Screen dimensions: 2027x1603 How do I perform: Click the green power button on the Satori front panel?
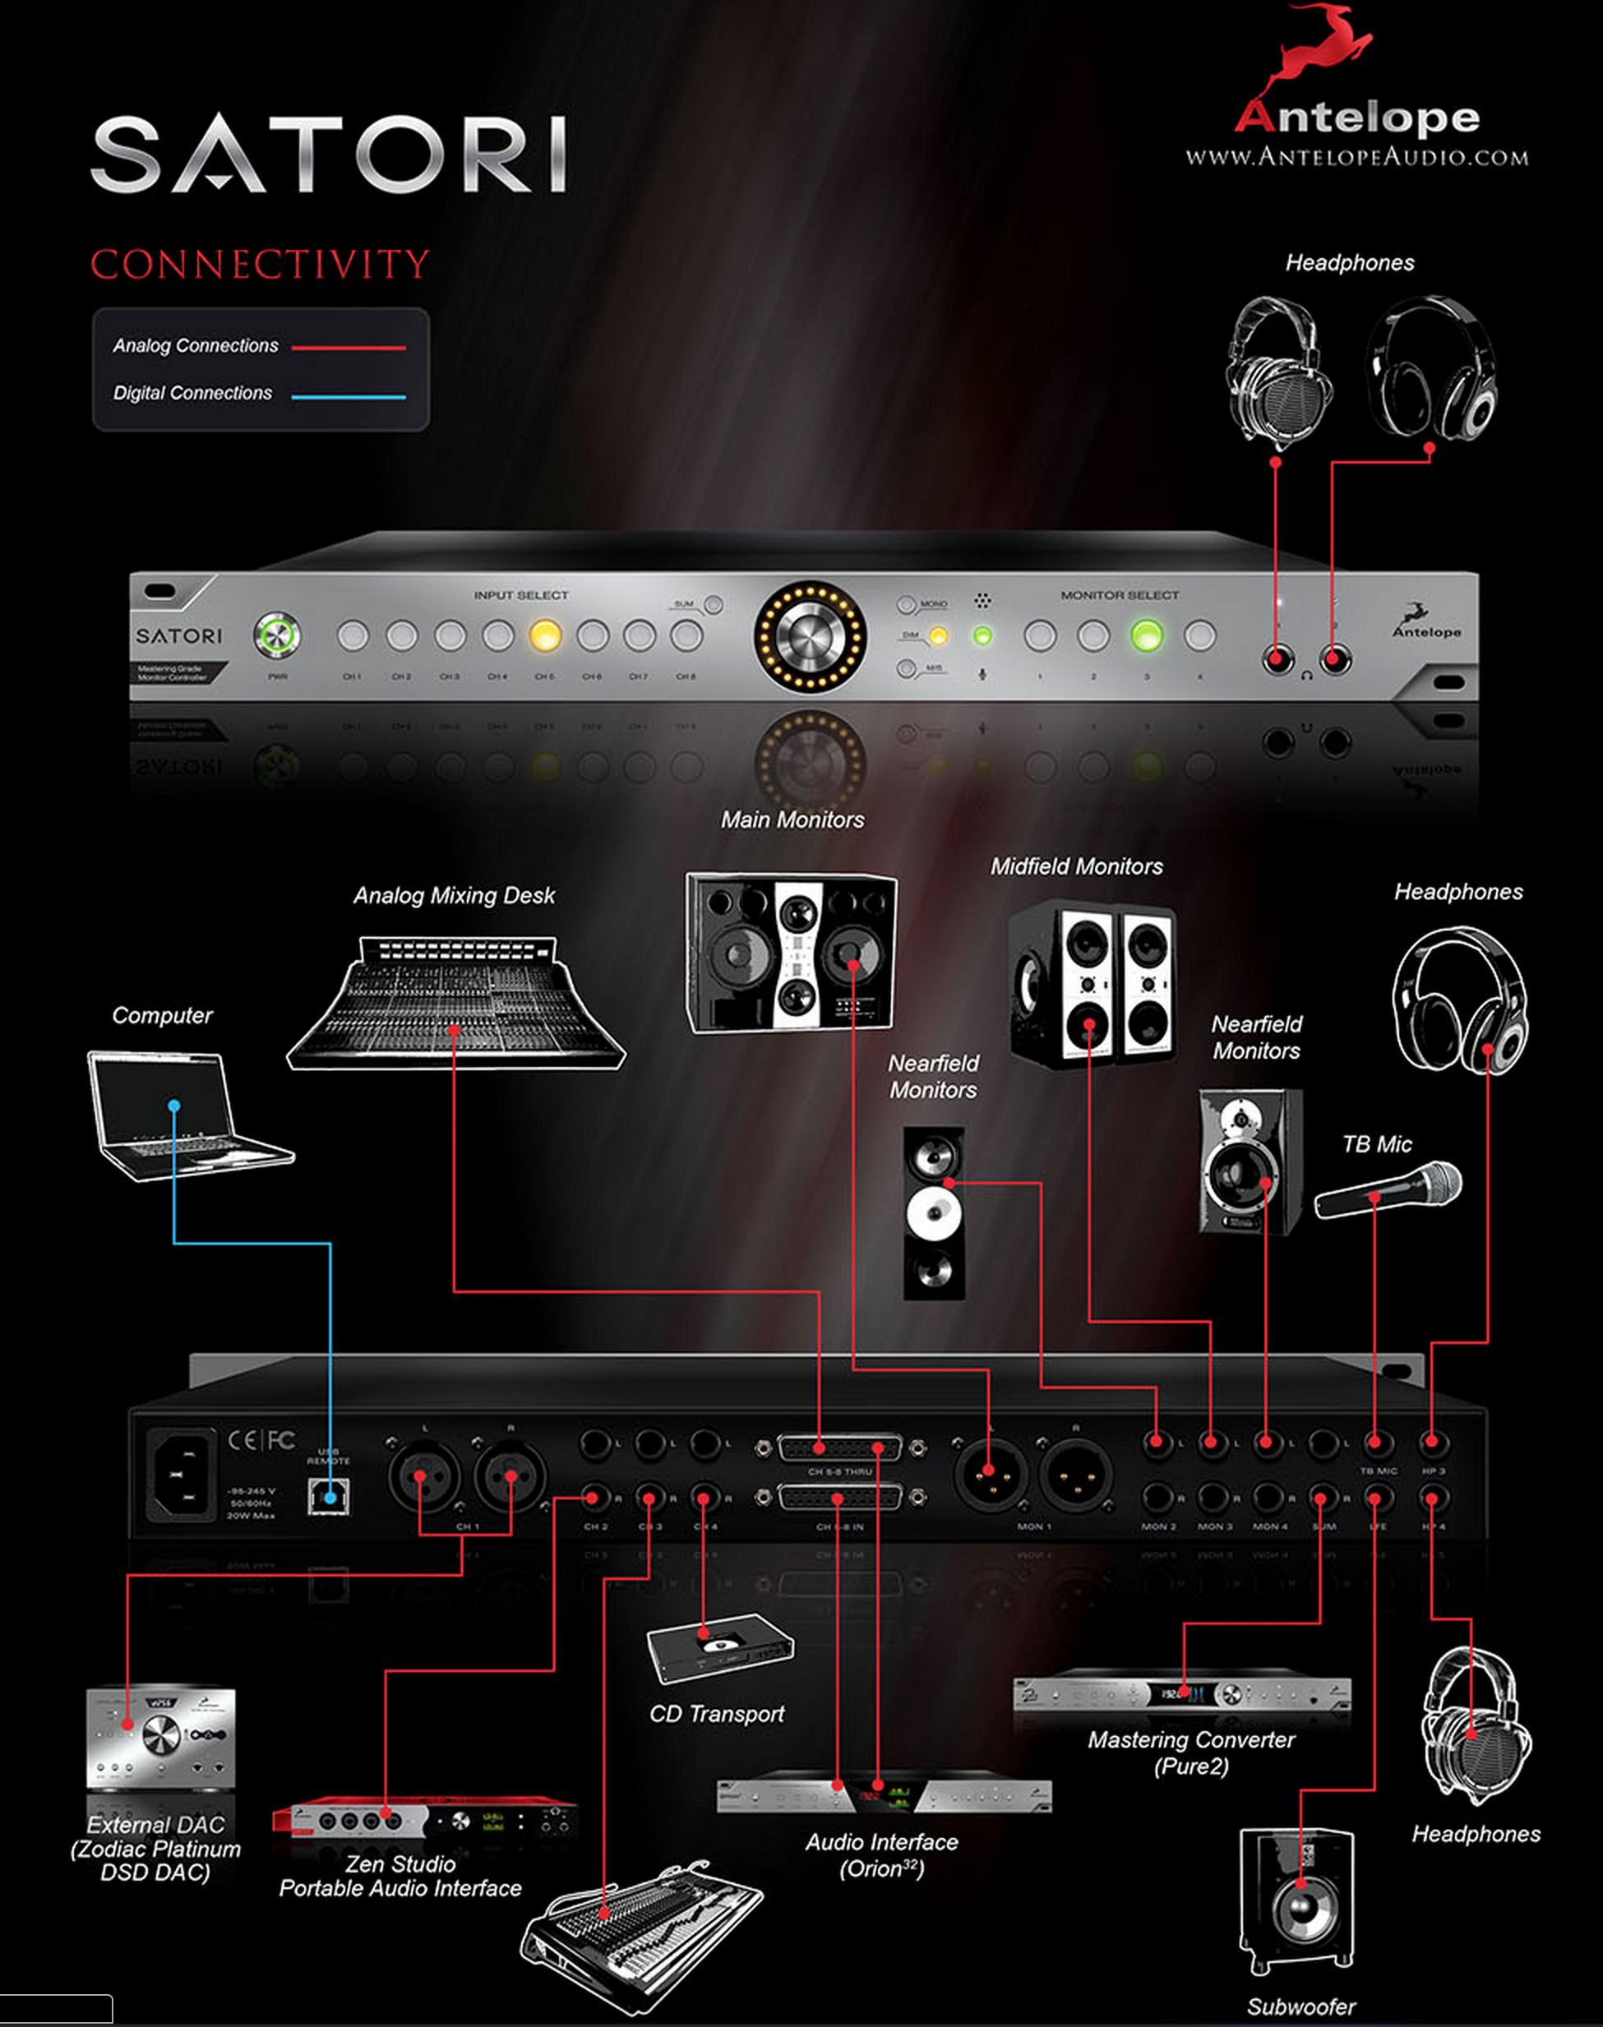click(277, 635)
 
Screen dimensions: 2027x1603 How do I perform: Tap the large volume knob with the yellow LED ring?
click(809, 636)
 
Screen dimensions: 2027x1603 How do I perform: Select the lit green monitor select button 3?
click(1146, 635)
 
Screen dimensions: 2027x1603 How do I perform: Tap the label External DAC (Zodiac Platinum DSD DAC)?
click(156, 1848)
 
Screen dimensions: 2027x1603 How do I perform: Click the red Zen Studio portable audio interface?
click(424, 1820)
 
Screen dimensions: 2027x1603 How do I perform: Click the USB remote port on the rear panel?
click(329, 1495)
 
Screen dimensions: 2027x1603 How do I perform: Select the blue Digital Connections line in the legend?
click(349, 397)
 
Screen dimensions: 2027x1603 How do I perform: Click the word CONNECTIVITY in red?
click(260, 265)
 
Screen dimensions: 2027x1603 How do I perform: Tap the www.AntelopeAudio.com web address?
click(1356, 157)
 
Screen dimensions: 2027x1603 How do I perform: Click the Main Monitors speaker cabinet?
click(790, 952)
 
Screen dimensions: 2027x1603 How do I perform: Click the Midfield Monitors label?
click(1077, 866)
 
